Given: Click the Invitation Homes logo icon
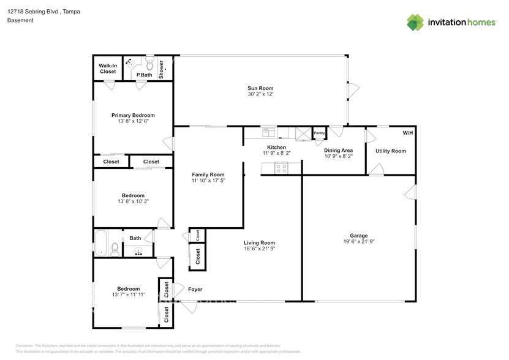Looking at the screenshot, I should click(x=416, y=22).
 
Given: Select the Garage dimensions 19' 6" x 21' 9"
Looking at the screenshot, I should click(x=358, y=242).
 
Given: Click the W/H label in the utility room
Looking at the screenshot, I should click(x=407, y=133).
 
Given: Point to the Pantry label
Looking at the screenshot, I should click(x=319, y=133).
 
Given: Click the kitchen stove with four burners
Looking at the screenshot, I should click(x=282, y=168).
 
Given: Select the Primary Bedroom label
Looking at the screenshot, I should click(x=133, y=115).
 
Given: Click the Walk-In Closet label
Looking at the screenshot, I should click(x=108, y=68).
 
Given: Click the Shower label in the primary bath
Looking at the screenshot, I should click(x=162, y=69).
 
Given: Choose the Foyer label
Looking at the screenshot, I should click(x=195, y=290).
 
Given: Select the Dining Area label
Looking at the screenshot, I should click(x=338, y=150).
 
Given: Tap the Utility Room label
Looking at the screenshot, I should click(x=390, y=151).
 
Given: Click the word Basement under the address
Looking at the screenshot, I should click(x=20, y=20).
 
